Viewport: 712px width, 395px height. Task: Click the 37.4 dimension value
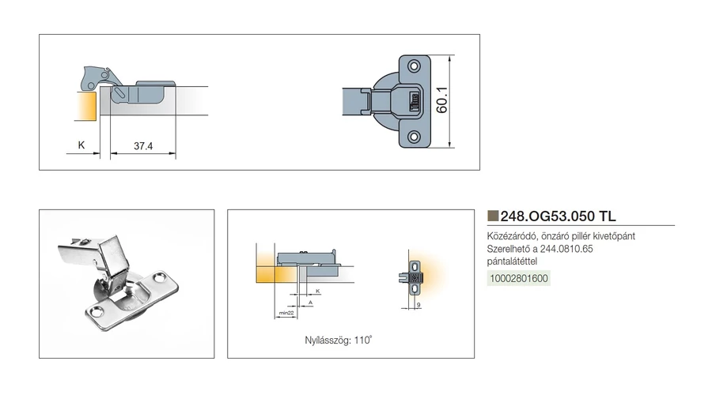(143, 146)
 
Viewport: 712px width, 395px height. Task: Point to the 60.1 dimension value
(441, 100)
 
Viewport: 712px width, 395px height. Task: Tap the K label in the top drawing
(81, 145)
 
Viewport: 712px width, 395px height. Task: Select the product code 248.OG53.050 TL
(558, 216)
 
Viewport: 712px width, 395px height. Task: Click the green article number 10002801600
(518, 278)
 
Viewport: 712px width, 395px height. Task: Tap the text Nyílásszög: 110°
(339, 340)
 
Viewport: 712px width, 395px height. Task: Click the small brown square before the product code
(493, 216)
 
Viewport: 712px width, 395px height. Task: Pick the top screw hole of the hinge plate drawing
(414, 66)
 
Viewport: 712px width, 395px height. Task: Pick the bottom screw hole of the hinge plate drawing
(414, 136)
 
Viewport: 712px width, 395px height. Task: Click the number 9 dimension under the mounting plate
(418, 305)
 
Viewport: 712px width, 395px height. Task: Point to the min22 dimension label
(286, 313)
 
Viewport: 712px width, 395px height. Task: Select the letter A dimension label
(311, 302)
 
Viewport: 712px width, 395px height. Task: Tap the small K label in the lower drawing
(318, 291)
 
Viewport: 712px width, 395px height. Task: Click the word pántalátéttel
(512, 261)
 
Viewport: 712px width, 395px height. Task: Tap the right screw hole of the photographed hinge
(161, 276)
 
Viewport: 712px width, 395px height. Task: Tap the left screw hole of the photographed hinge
(97, 311)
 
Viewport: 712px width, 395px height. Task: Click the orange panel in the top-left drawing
(86, 106)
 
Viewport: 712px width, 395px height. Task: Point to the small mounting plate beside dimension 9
(414, 277)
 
